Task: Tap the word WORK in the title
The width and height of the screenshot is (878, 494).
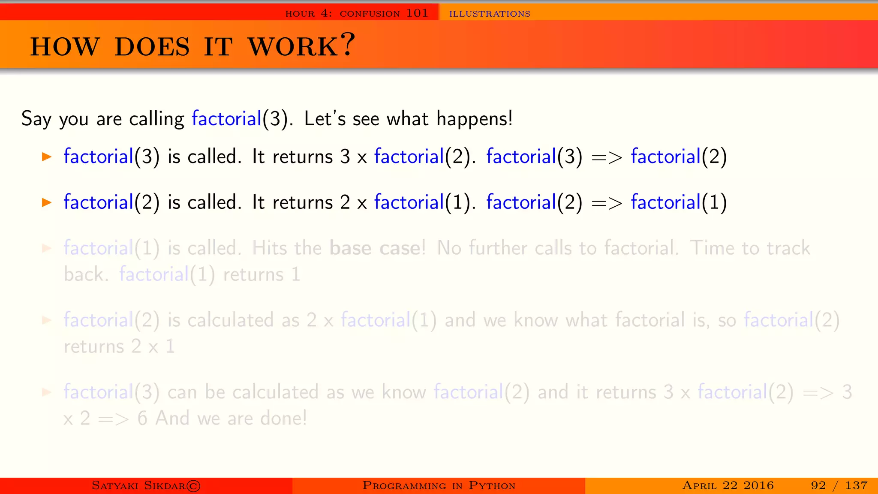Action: tap(293, 47)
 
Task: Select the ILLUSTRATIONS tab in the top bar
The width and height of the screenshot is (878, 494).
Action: tap(490, 14)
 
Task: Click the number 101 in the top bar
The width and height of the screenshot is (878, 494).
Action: tap(417, 13)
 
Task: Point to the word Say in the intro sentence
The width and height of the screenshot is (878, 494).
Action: tap(36, 119)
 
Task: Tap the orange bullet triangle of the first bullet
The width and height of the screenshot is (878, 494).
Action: tap(47, 157)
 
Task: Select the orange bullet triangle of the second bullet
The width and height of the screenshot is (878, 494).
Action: tap(47, 202)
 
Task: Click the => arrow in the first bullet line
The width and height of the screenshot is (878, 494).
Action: tap(606, 157)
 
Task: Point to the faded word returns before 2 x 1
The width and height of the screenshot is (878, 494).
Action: tap(93, 346)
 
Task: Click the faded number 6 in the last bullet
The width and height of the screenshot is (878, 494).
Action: tap(142, 418)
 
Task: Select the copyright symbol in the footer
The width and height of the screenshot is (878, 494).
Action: tap(193, 486)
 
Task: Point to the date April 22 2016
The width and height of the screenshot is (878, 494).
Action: tap(728, 485)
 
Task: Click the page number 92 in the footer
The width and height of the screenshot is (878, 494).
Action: tap(818, 485)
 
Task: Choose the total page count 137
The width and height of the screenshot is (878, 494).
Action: tap(856, 485)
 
